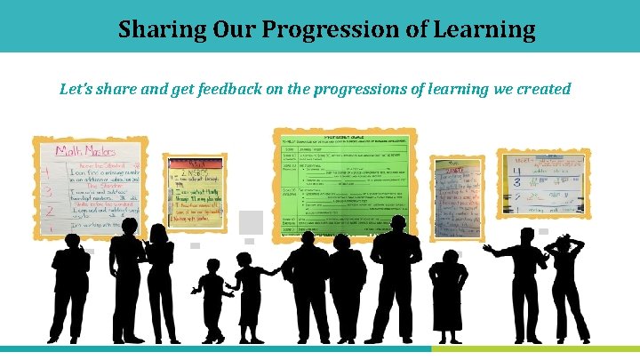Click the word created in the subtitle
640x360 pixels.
pos(539,89)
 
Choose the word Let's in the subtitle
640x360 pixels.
pos(76,89)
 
